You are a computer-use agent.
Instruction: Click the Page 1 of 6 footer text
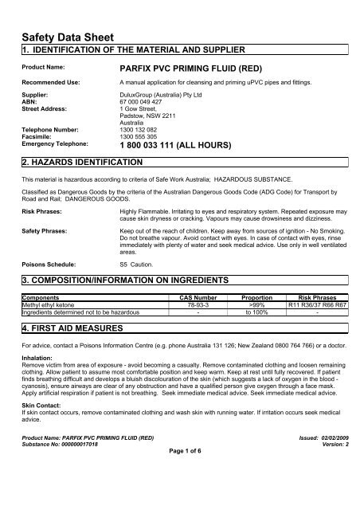tap(180, 494)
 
